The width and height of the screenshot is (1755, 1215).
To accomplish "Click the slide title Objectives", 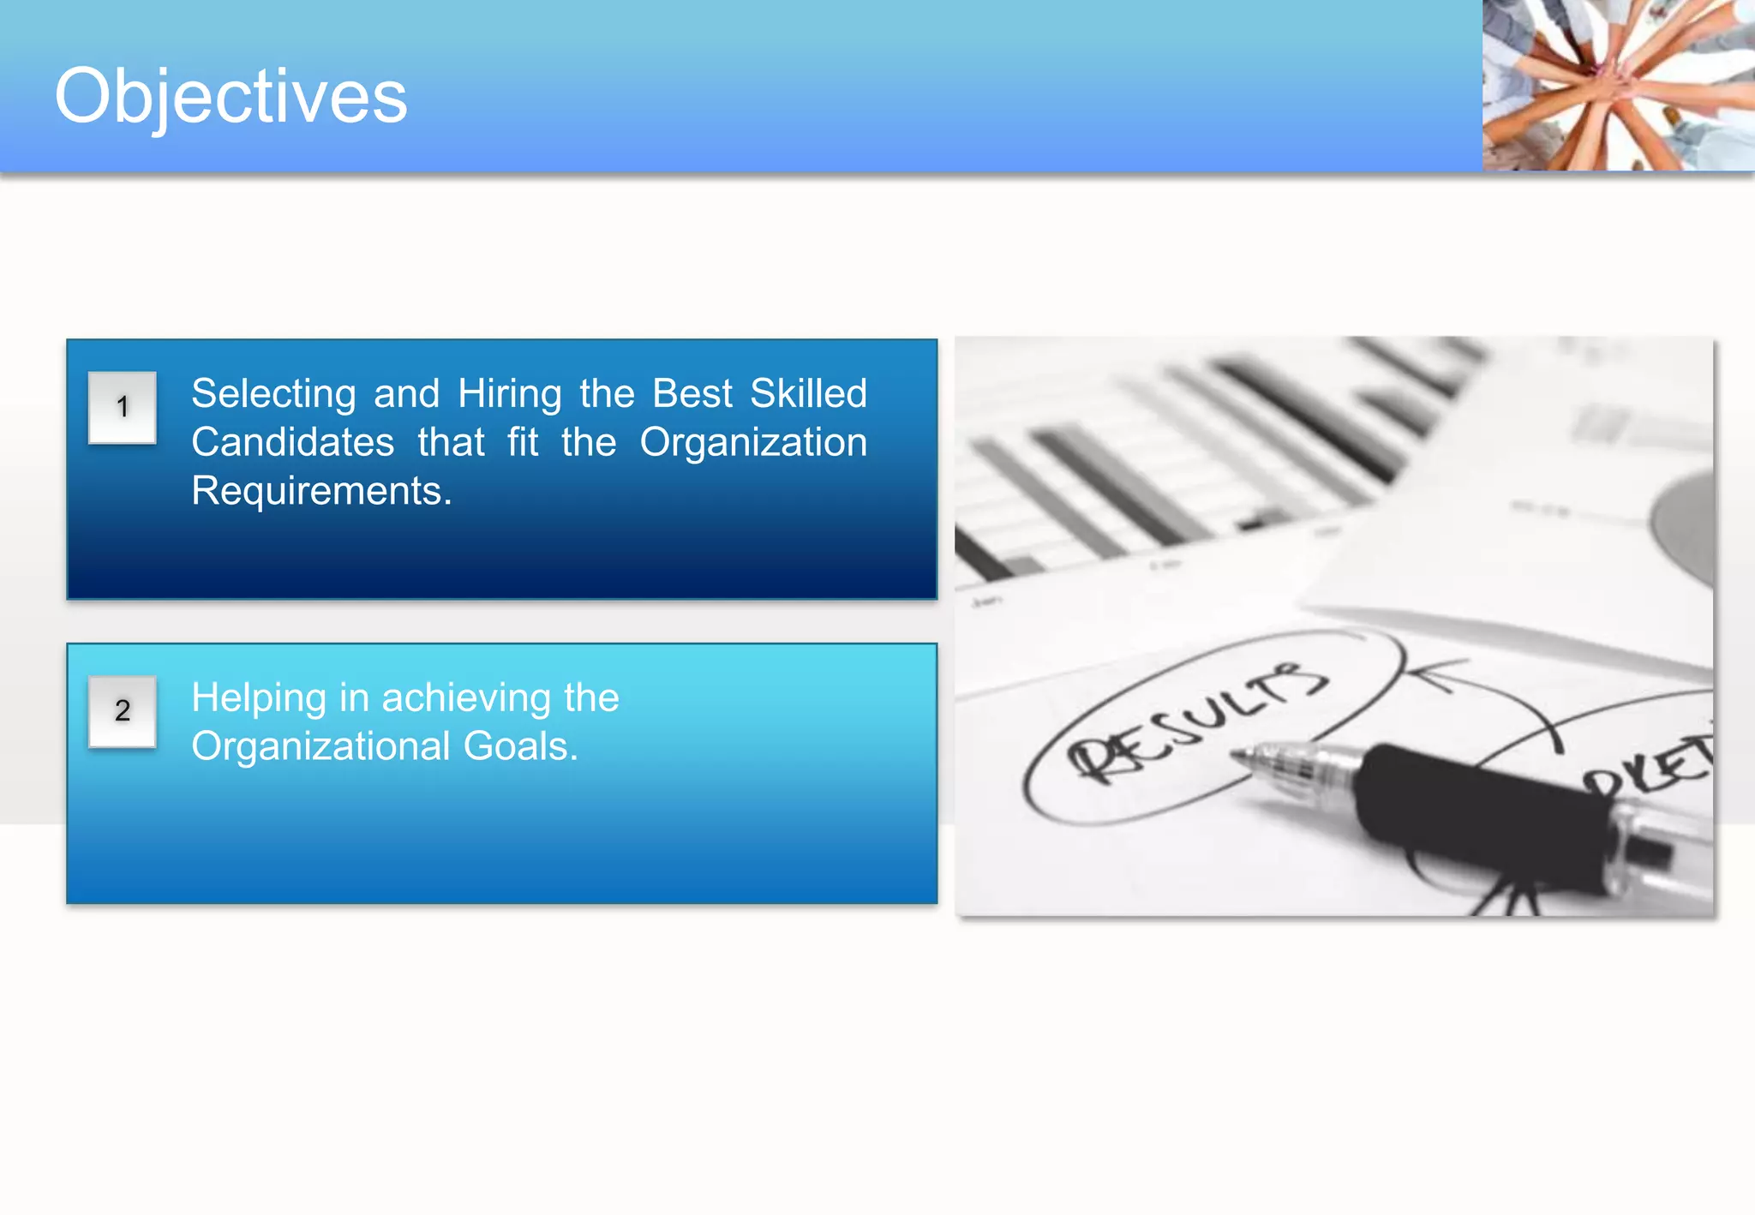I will pyautogui.click(x=231, y=96).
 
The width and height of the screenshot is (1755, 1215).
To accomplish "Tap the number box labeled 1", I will pyautogui.click(x=123, y=408).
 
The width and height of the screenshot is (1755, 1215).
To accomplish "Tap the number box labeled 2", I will pyautogui.click(x=123, y=711).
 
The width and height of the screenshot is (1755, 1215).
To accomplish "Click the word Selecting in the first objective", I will pyautogui.click(x=273, y=394).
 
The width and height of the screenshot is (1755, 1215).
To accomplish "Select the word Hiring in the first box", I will pyautogui.click(x=509, y=394).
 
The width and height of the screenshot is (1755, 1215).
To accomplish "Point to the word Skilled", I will pyautogui.click(x=808, y=394).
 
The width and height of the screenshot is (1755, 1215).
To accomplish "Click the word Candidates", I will pyautogui.click(x=292, y=443).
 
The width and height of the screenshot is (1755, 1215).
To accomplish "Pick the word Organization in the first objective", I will pyautogui.click(x=753, y=443).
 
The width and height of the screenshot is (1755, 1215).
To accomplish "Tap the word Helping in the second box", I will pyautogui.click(x=258, y=698).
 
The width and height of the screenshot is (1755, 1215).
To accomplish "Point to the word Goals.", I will pyautogui.click(x=520, y=746).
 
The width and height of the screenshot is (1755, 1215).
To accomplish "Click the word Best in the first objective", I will pyautogui.click(x=692, y=394).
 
